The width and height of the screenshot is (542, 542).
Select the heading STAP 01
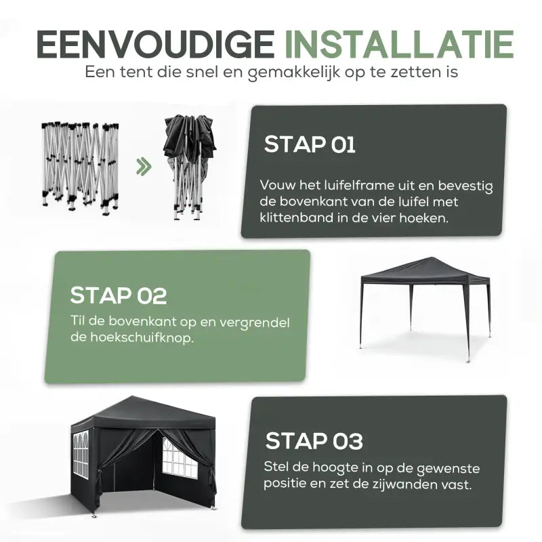pyautogui.click(x=309, y=144)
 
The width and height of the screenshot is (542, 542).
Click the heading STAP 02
pyautogui.click(x=119, y=295)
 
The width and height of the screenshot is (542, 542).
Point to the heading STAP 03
pyautogui.click(x=314, y=441)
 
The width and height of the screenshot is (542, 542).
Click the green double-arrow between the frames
pyautogui.click(x=143, y=166)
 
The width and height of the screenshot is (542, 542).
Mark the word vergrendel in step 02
pyautogui.click(x=264, y=320)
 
